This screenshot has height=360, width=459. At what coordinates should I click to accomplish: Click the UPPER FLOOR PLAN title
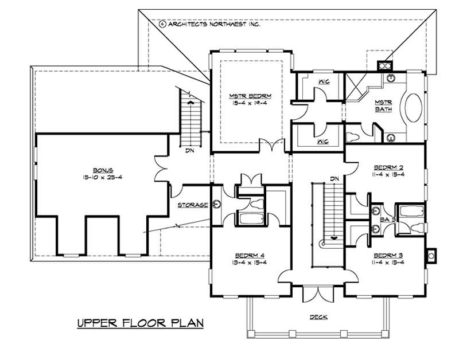point(141,323)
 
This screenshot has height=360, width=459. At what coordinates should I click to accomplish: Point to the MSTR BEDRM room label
point(250,96)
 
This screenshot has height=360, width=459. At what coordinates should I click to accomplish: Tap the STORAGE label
point(192,205)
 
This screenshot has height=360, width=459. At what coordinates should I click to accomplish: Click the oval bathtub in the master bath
point(414,108)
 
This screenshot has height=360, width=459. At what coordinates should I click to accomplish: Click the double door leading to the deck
point(317,294)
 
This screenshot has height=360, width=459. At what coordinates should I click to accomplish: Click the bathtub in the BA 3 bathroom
point(410,212)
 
